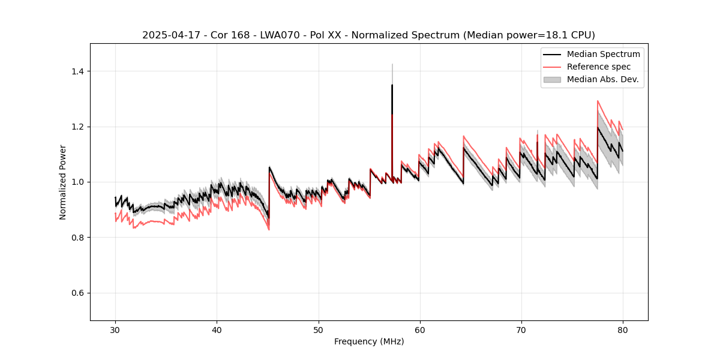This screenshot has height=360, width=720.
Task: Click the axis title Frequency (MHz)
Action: click(x=369, y=341)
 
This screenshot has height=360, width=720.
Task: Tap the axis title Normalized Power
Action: click(x=62, y=182)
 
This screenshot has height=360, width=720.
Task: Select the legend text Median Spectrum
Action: click(x=603, y=54)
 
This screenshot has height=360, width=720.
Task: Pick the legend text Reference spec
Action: click(x=599, y=67)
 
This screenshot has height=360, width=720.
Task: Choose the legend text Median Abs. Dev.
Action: click(x=602, y=79)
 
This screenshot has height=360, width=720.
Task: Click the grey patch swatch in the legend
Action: click(x=552, y=79)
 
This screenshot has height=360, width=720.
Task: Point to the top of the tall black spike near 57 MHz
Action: click(x=392, y=85)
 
